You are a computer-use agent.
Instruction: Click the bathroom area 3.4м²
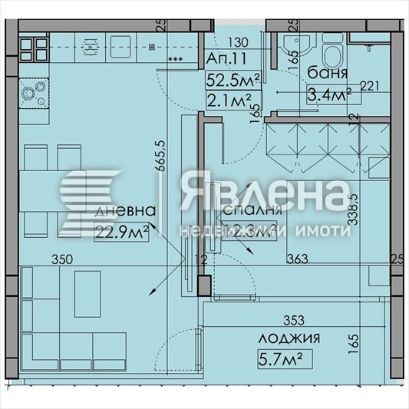click(x=329, y=94)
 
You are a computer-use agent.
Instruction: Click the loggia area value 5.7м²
click(x=285, y=357)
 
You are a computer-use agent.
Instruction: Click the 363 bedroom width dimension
click(x=297, y=260)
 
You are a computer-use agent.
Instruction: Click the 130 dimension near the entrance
click(x=239, y=42)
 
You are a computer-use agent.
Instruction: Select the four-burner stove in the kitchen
click(x=34, y=50)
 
